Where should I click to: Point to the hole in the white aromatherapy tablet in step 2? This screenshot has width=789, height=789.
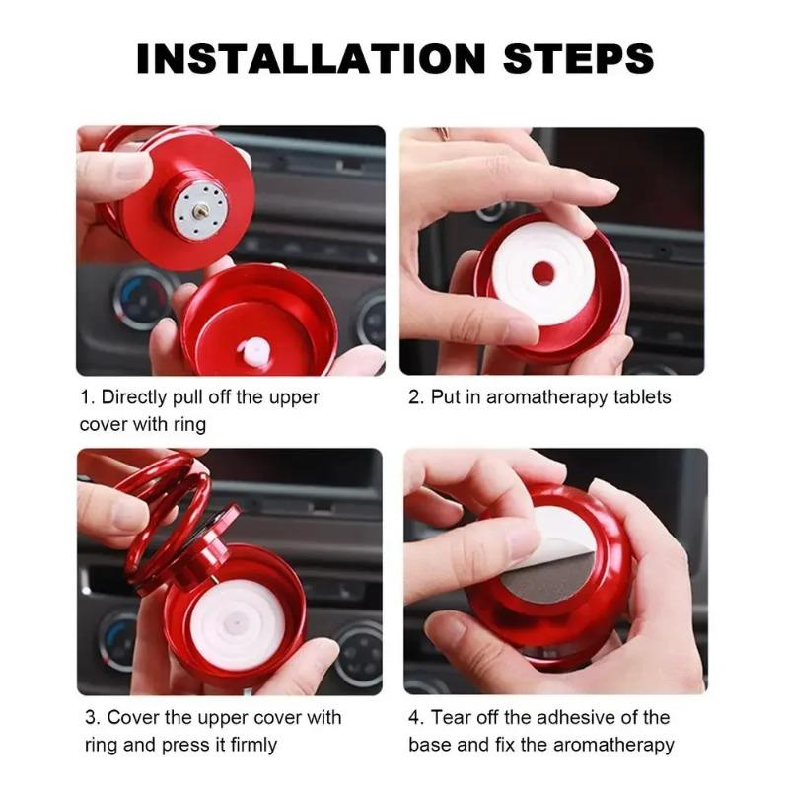tap(542, 273)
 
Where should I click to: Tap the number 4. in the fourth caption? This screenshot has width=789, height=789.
tap(415, 717)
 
